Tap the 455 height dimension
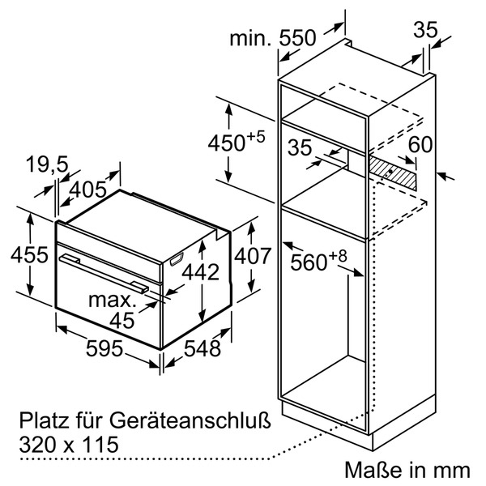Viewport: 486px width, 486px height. pos(18,254)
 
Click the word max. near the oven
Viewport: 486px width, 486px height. pos(113,301)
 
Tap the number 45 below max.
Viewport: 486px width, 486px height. pos(121,321)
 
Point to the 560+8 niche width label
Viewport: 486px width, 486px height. pos(319,261)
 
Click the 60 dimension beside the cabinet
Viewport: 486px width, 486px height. pos(420,145)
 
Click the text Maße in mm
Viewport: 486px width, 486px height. pos(407,469)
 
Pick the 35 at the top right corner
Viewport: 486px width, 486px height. pos(424,30)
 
